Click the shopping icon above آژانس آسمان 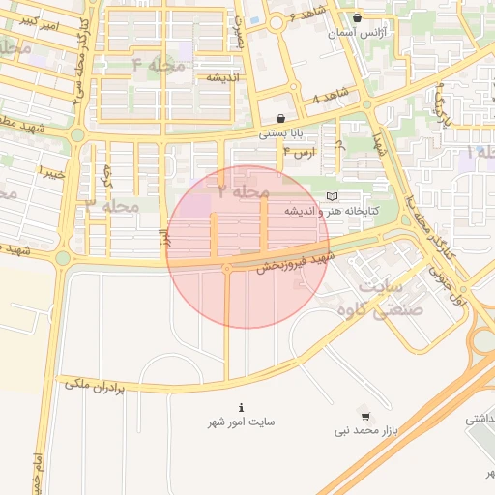click(358, 17)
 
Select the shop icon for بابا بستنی click(280, 118)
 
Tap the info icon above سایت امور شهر click(241, 407)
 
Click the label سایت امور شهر click(241, 422)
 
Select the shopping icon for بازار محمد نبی click(365, 414)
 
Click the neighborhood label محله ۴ click(158, 65)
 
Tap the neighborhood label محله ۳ click(113, 206)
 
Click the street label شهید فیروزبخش click(293, 261)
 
